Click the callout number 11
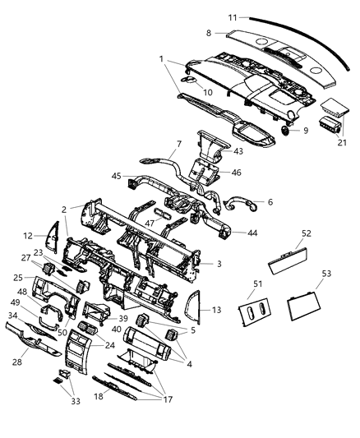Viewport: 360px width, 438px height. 233,16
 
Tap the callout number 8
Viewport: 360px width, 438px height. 209,33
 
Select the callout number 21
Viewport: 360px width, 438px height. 341,143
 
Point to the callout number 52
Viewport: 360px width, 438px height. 306,233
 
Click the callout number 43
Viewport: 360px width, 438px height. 238,150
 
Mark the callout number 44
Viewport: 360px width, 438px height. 252,233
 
